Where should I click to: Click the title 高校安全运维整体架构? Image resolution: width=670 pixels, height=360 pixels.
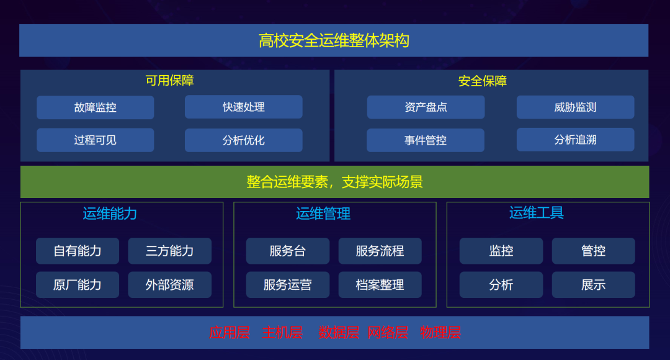click(x=334, y=41)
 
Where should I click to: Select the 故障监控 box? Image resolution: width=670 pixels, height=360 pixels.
click(x=95, y=107)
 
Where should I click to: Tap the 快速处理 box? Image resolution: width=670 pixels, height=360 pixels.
click(x=244, y=107)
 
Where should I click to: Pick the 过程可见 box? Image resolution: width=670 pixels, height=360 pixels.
click(x=95, y=140)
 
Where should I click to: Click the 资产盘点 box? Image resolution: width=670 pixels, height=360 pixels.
click(x=426, y=107)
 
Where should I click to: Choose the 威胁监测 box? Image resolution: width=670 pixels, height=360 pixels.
click(x=575, y=107)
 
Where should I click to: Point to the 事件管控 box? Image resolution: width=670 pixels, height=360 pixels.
click(x=426, y=140)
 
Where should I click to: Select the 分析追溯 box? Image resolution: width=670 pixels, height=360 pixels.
click(x=575, y=140)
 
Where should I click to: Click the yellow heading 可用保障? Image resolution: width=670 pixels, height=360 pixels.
click(x=170, y=81)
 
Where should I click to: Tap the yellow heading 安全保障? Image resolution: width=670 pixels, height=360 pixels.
click(x=483, y=81)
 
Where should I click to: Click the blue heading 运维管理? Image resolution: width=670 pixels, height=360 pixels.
click(x=323, y=214)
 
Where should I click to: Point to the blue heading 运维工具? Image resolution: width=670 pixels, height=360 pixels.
click(x=537, y=213)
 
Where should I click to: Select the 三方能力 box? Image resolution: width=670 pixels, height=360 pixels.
click(x=169, y=251)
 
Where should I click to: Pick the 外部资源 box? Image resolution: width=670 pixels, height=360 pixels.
click(x=169, y=285)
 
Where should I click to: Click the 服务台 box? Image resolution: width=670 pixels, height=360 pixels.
click(x=287, y=251)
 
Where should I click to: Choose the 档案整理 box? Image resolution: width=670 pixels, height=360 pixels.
click(x=380, y=285)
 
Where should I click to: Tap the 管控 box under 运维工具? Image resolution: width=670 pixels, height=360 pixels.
click(x=593, y=251)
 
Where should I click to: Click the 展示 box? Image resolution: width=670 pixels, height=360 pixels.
click(x=593, y=285)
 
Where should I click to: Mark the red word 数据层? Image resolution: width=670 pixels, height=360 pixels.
click(x=339, y=333)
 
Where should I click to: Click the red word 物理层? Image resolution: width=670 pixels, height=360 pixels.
click(x=440, y=333)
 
